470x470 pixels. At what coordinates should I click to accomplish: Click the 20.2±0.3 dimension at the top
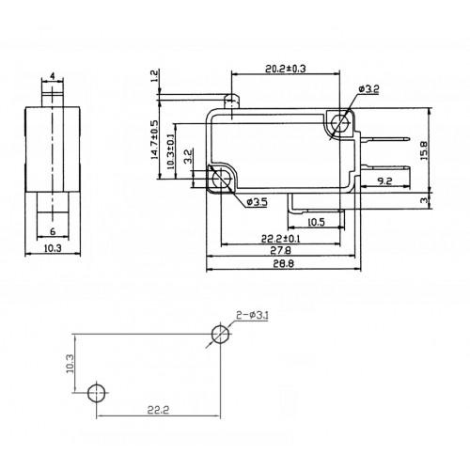click(x=286, y=69)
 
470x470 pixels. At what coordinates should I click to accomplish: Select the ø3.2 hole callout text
click(x=368, y=89)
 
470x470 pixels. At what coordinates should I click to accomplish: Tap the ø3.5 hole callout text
click(x=257, y=202)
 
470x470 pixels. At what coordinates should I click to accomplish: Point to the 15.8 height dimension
click(x=424, y=150)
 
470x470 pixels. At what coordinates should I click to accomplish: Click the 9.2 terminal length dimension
click(x=384, y=180)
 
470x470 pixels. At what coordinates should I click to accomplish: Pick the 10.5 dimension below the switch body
click(x=316, y=222)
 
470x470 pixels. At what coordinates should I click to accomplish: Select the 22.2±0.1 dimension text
click(x=281, y=239)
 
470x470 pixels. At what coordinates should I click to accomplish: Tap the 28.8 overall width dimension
click(x=283, y=263)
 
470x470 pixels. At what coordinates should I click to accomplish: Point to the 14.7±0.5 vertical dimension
click(x=155, y=140)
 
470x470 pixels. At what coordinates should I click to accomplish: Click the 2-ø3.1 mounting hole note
click(x=252, y=315)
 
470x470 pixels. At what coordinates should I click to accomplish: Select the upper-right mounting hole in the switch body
click(x=340, y=121)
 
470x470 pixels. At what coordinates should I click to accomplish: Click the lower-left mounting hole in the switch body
click(x=221, y=179)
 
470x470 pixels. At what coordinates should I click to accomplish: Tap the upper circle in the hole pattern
click(x=220, y=334)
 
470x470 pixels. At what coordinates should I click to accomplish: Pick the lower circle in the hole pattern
click(x=97, y=392)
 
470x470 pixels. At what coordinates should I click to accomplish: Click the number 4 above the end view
click(x=53, y=76)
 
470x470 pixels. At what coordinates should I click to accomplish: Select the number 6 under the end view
click(x=53, y=231)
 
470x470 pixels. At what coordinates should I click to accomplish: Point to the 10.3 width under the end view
click(x=53, y=248)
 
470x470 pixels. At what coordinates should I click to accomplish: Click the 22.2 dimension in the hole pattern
click(x=158, y=410)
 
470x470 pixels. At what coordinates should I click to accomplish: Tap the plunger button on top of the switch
click(x=232, y=101)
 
